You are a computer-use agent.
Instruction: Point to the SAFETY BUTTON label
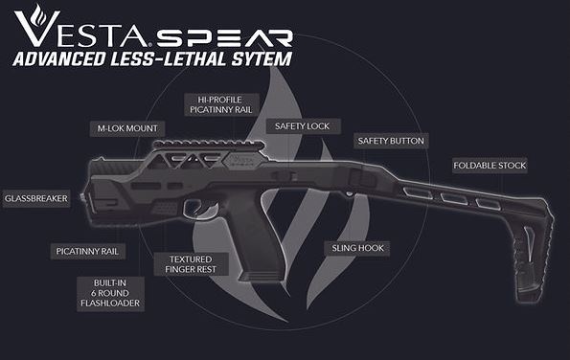point(390,141)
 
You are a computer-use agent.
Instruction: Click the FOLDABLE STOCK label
point(490,166)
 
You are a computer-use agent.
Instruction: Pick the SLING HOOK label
point(357,248)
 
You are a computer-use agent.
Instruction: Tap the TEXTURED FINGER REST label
point(191,263)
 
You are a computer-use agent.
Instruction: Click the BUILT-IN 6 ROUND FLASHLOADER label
point(108,292)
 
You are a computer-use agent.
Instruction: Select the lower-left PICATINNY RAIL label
point(87,251)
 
